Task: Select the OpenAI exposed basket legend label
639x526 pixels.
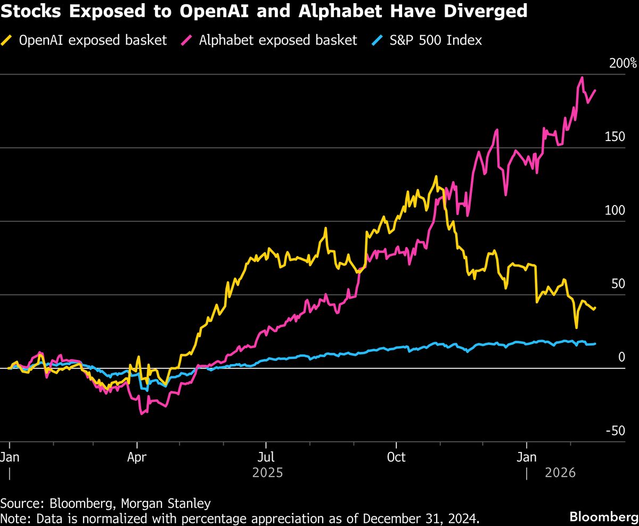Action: pos(93,40)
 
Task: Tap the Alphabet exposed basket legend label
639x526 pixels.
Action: pos(277,40)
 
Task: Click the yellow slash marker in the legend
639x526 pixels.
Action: pos(9,40)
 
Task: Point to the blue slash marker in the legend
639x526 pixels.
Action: pos(376,40)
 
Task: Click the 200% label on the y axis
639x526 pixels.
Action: pos(622,64)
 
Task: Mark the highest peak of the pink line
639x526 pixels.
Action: pos(582,77)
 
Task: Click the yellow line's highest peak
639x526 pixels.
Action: pos(436,176)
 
